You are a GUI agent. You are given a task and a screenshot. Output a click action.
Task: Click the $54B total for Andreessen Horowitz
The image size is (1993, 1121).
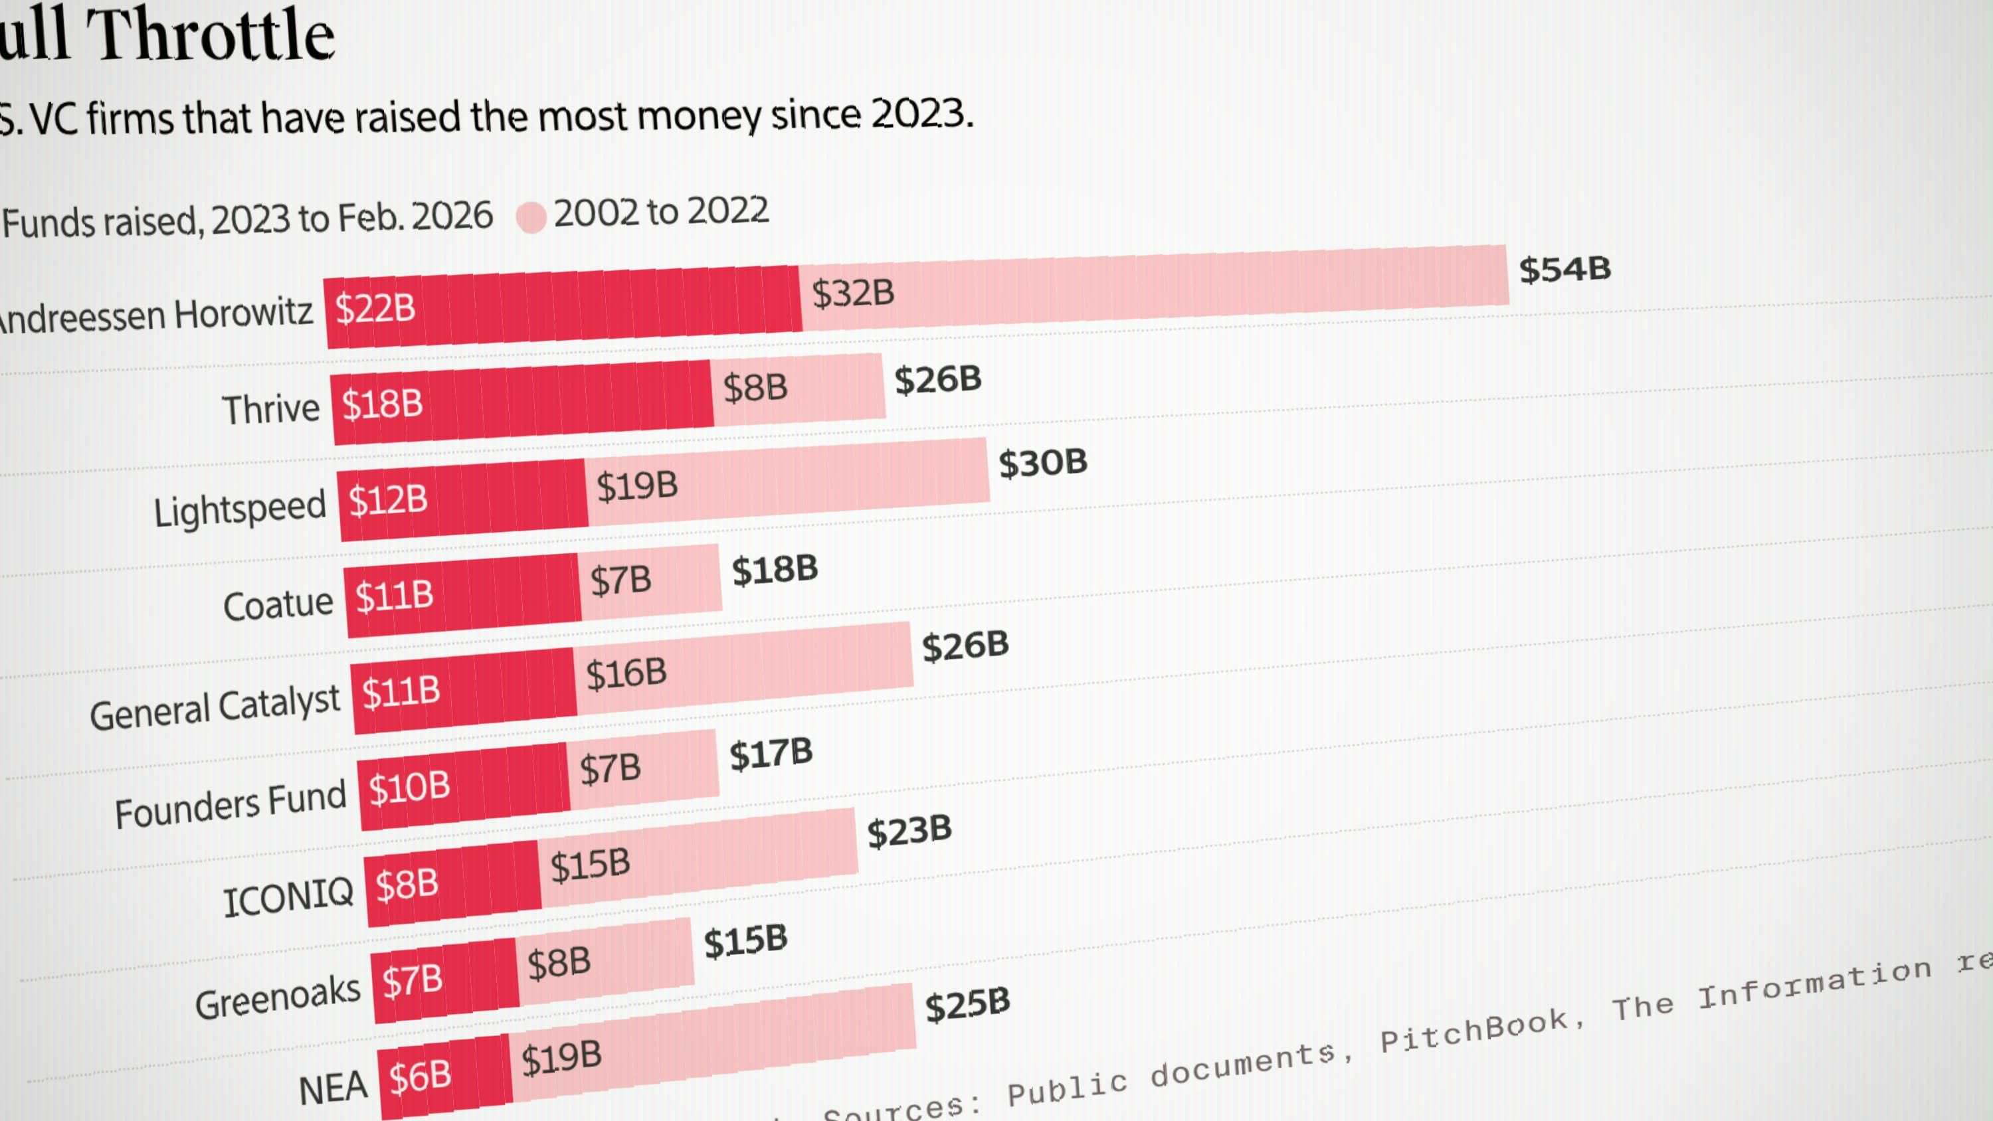click(x=1565, y=269)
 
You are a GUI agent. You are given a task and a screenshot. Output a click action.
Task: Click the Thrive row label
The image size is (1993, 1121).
click(x=271, y=408)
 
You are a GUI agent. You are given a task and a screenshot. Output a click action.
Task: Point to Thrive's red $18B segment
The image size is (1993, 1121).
click(x=523, y=402)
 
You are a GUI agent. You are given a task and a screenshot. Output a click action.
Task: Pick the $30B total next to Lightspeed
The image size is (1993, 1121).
click(x=1042, y=463)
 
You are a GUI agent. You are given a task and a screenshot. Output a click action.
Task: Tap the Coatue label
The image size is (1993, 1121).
click(x=278, y=604)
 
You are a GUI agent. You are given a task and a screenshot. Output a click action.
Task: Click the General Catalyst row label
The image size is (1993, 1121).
click(x=215, y=707)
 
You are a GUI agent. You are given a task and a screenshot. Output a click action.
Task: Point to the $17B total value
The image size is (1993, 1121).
click(x=771, y=754)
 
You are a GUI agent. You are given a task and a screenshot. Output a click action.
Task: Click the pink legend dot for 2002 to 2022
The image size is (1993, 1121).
click(x=531, y=216)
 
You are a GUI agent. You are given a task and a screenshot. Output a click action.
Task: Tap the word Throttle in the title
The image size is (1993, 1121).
click(x=211, y=35)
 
